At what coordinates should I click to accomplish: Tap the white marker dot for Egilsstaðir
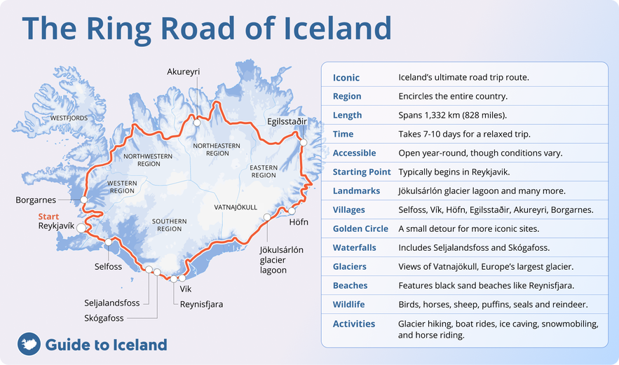pyautogui.click(x=304, y=142)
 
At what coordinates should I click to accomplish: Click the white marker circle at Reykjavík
pyautogui.click(x=81, y=228)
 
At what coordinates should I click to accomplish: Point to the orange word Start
pyautogui.click(x=48, y=216)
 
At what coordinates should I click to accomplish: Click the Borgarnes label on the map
pyautogui.click(x=36, y=200)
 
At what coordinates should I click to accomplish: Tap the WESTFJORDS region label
pyautogui.click(x=69, y=118)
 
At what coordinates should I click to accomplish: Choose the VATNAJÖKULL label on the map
pyautogui.click(x=236, y=207)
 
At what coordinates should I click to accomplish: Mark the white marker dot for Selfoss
pyautogui.click(x=109, y=242)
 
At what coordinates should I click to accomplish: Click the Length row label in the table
pyautogui.click(x=348, y=115)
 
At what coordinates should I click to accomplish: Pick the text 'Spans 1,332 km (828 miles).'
pyautogui.click(x=452, y=115)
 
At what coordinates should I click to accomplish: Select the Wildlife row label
pyautogui.click(x=350, y=305)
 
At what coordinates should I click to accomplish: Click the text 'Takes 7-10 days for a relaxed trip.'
pyautogui.click(x=464, y=134)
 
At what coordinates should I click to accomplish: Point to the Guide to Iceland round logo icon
pyautogui.click(x=28, y=344)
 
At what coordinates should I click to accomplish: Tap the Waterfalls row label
pyautogui.click(x=354, y=247)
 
